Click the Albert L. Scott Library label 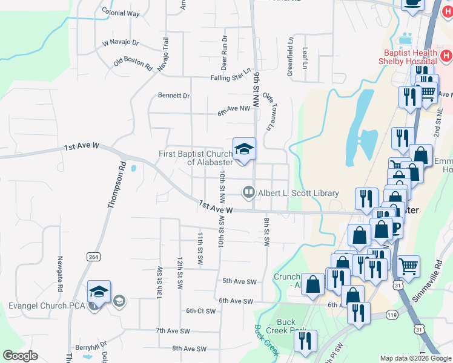299,193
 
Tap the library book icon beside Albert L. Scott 248,193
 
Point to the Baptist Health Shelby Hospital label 407,57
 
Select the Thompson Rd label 116,185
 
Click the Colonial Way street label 121,13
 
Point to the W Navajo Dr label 121,43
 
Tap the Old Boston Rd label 132,63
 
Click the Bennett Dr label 174,96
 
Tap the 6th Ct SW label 200,310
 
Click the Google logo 20,356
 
